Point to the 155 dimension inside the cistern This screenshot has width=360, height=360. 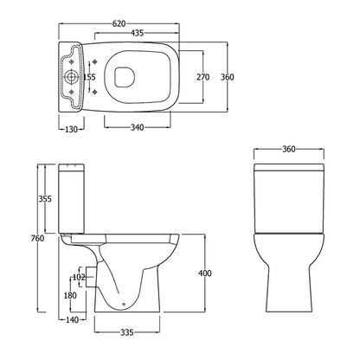(x=89, y=77)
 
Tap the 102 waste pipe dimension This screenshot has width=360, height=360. (x=78, y=278)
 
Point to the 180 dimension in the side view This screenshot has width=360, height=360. (x=68, y=296)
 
